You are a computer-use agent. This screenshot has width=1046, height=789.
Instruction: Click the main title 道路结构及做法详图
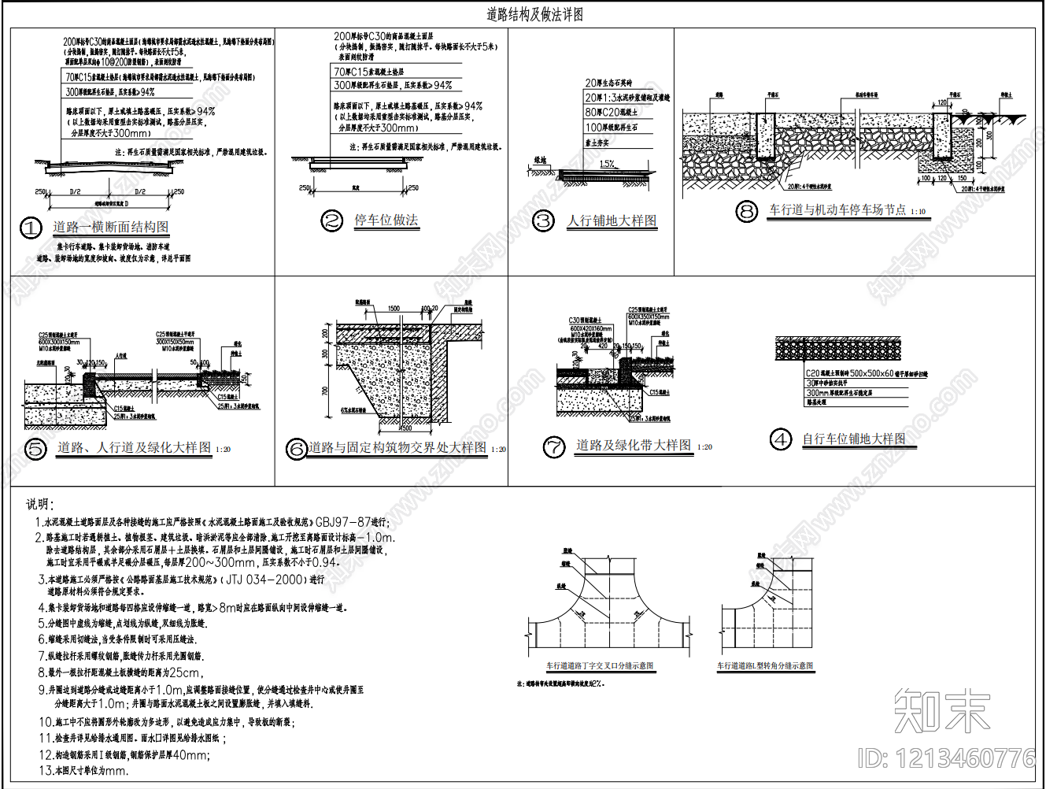[534, 15]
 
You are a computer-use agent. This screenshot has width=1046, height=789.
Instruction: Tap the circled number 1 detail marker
[31, 228]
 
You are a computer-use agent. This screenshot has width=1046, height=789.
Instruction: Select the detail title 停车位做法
[386, 220]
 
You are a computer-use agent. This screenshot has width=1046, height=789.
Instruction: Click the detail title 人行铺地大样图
[612, 221]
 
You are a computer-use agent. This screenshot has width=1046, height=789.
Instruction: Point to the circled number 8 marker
[746, 211]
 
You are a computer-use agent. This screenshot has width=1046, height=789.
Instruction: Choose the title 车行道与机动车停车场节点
[837, 210]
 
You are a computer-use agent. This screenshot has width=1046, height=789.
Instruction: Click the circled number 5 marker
[35, 449]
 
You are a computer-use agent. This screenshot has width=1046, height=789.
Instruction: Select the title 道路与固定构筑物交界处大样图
[397, 448]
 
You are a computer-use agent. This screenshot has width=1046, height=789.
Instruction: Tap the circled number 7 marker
[554, 447]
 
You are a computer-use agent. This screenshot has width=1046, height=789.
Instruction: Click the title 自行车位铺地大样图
[854, 439]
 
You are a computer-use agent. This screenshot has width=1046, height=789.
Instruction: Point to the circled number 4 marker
[780, 439]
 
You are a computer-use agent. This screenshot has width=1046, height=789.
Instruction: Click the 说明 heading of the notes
[40, 504]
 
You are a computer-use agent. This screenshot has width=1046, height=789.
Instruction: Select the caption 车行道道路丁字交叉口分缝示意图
[600, 666]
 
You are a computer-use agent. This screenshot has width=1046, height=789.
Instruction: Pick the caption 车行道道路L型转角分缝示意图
[764, 666]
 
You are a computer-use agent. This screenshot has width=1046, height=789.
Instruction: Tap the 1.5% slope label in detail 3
[607, 165]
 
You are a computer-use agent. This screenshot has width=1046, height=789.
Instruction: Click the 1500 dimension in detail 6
[394, 309]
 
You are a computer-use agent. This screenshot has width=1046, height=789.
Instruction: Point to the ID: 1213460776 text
[946, 758]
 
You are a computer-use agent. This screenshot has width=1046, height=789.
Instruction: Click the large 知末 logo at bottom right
[941, 711]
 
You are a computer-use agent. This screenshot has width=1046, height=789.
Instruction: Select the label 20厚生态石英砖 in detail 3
[608, 83]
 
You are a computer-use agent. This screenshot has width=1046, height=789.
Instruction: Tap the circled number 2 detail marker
[332, 221]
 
